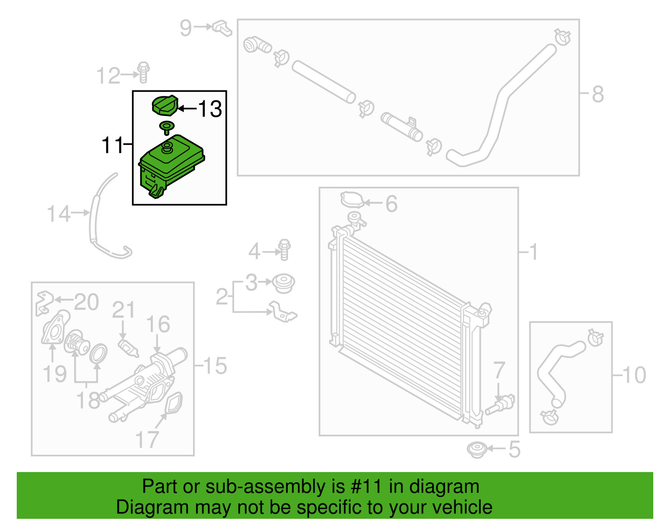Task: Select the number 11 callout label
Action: [x=112, y=145]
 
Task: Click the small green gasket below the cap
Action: [x=167, y=126]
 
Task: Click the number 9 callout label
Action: [x=186, y=28]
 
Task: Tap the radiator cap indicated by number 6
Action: [x=351, y=200]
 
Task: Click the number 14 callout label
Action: [x=58, y=214]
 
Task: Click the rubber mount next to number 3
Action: [x=283, y=283]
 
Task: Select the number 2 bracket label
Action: [x=222, y=296]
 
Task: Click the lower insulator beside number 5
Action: [x=477, y=450]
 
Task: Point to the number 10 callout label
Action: [x=634, y=374]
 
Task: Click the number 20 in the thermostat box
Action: [x=86, y=301]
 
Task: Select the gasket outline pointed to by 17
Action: [x=174, y=403]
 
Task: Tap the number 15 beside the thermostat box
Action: [x=215, y=366]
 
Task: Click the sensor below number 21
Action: [x=128, y=348]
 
